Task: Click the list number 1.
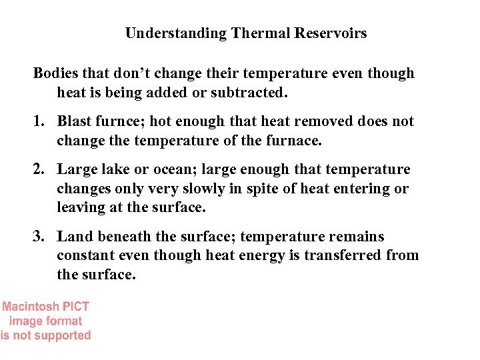coord(39,121)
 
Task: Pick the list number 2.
coord(39,169)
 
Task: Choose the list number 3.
coord(39,237)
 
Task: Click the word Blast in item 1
coord(74,121)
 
